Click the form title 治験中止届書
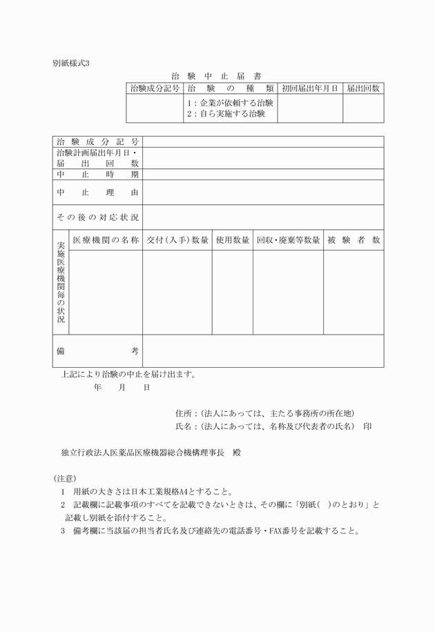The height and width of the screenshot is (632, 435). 216,76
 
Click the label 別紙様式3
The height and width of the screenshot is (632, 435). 71,63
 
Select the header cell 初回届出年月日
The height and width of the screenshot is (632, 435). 309,88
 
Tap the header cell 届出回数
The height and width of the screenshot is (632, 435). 362,88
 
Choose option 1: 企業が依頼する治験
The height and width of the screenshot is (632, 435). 230,103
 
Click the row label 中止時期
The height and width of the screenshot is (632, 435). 97,175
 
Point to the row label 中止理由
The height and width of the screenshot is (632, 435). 97,192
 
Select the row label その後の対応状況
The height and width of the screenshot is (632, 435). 97,217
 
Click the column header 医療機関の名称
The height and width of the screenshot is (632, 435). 106,240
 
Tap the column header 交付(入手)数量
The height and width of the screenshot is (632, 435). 177,240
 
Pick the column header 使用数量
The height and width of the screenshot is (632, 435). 232,240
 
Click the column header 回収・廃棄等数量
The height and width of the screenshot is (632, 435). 288,240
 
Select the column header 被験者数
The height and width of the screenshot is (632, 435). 354,240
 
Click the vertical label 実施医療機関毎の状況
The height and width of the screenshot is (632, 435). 61,282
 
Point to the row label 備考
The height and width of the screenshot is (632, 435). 97,351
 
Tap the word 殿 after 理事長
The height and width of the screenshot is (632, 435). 236,453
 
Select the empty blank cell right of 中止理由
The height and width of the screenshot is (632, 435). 263,192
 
